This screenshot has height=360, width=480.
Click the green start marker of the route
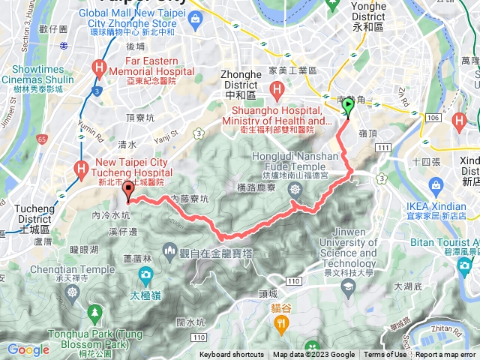[x=348, y=107]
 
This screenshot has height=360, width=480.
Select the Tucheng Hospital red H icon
[x=79, y=170]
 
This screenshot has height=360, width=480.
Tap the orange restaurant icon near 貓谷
[x=281, y=324]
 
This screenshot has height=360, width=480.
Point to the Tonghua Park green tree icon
[x=94, y=313]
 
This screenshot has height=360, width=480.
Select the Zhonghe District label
[x=240, y=80]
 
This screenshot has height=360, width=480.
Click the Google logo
[x=28, y=349]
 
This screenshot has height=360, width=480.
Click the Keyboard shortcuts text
[x=232, y=355]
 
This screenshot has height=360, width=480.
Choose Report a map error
[x=446, y=355]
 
